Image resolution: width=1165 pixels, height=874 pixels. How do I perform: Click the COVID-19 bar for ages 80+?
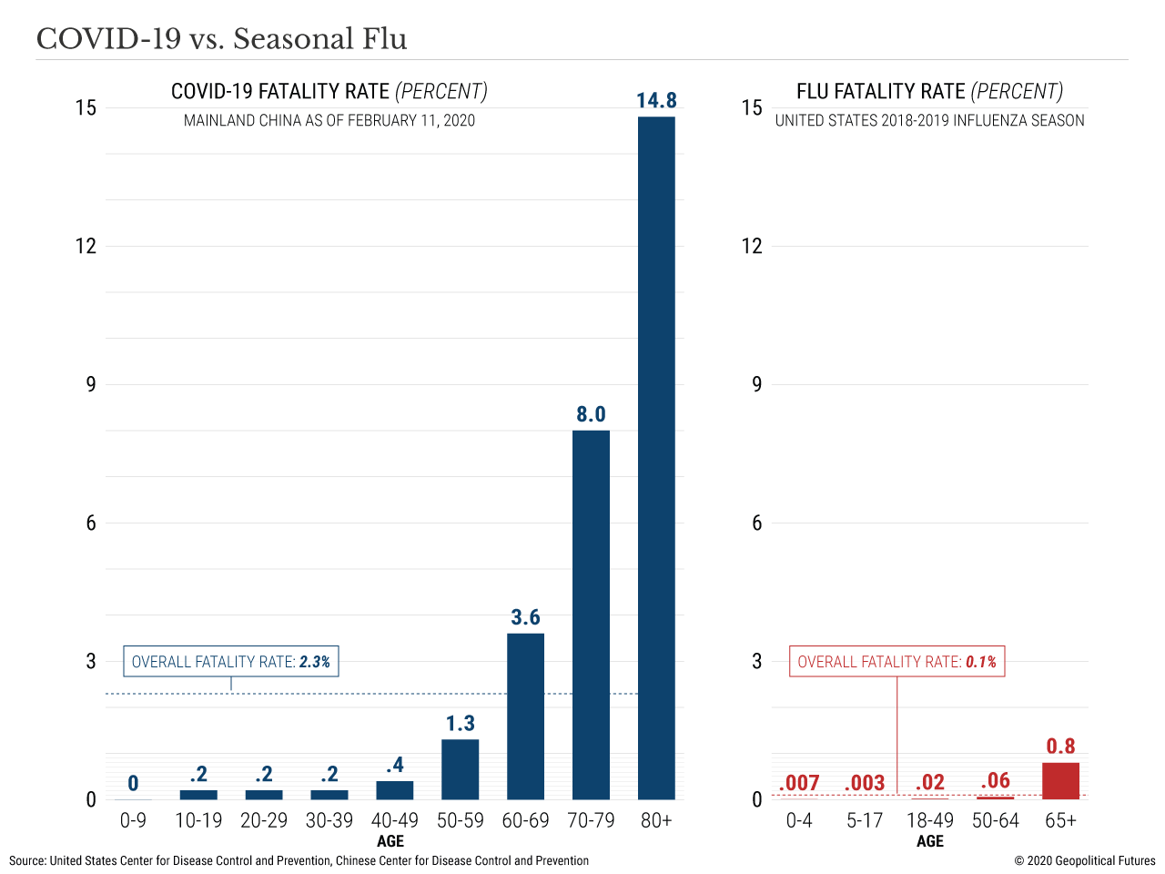(656, 457)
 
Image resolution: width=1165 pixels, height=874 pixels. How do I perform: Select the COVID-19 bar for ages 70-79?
(591, 615)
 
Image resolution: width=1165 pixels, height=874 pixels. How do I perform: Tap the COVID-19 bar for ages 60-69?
(525, 716)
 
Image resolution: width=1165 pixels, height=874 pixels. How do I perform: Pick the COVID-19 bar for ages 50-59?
(460, 768)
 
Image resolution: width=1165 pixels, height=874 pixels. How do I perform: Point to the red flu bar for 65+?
(1060, 781)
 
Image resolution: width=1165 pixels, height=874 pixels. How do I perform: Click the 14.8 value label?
(656, 100)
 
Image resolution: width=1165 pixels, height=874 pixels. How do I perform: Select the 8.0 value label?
(591, 414)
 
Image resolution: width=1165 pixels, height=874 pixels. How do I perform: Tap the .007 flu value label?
(799, 783)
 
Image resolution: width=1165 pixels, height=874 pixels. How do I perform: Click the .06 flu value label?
(995, 780)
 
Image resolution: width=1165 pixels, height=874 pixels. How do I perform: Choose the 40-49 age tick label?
(394, 820)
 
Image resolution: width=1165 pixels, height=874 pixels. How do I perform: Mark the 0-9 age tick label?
(133, 820)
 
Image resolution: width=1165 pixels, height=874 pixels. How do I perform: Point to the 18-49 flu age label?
(929, 820)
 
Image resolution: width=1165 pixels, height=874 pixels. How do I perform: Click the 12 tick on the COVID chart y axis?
(86, 246)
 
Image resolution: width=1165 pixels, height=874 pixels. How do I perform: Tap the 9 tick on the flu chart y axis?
(756, 384)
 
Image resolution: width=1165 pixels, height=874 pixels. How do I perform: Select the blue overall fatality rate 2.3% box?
(231, 662)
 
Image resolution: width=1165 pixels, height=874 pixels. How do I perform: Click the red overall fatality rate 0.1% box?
(897, 662)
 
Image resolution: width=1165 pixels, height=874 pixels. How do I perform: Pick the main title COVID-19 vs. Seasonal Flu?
(221, 39)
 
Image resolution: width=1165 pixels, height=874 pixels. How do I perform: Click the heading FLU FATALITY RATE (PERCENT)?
(929, 91)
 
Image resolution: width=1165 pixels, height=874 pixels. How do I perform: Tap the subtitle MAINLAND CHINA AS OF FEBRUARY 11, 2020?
(329, 120)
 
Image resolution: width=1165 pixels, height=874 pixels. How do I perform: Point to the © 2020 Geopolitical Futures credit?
(1085, 860)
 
